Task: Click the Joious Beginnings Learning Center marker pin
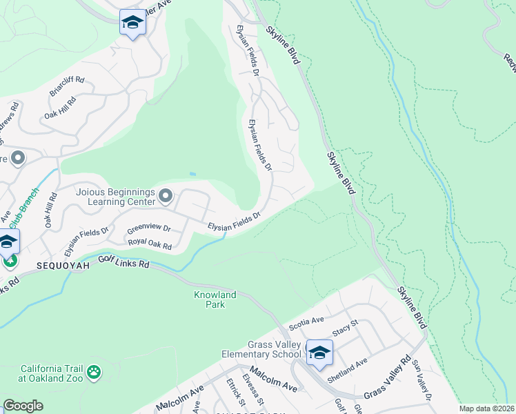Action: click(166, 197)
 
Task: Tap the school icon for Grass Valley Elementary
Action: click(319, 354)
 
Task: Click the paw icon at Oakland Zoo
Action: click(94, 373)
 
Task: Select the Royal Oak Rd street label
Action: click(150, 242)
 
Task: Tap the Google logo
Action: click(23, 406)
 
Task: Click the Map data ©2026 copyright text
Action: click(486, 408)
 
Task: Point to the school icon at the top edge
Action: click(132, 23)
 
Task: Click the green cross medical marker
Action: click(9, 260)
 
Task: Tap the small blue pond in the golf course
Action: click(192, 174)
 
